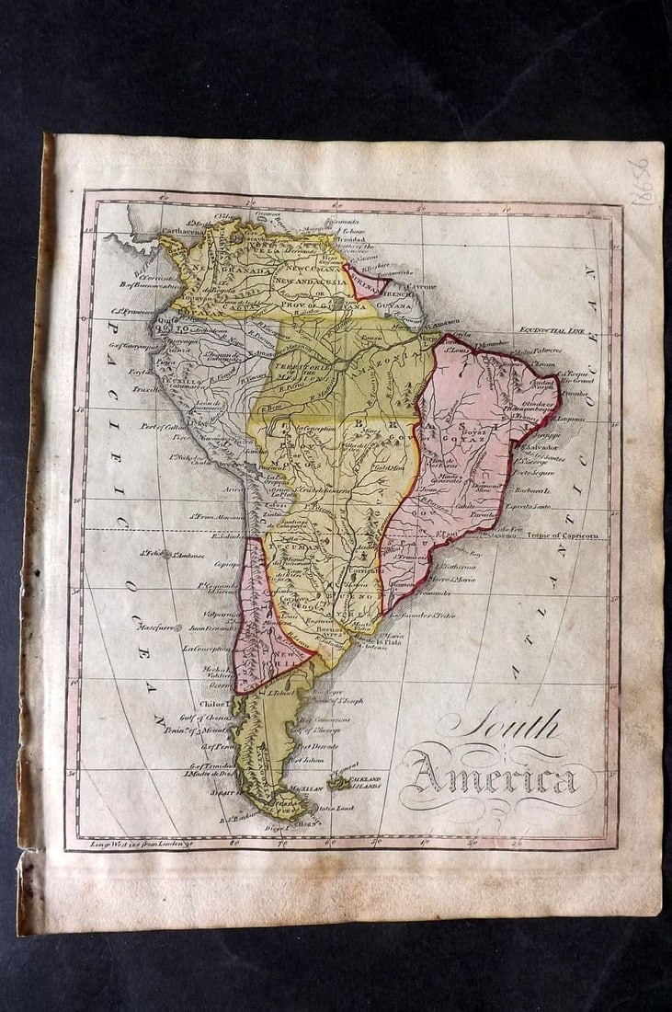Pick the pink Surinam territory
click(x=364, y=282)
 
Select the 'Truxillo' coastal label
click(x=146, y=389)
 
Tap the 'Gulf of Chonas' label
click(x=195, y=719)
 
